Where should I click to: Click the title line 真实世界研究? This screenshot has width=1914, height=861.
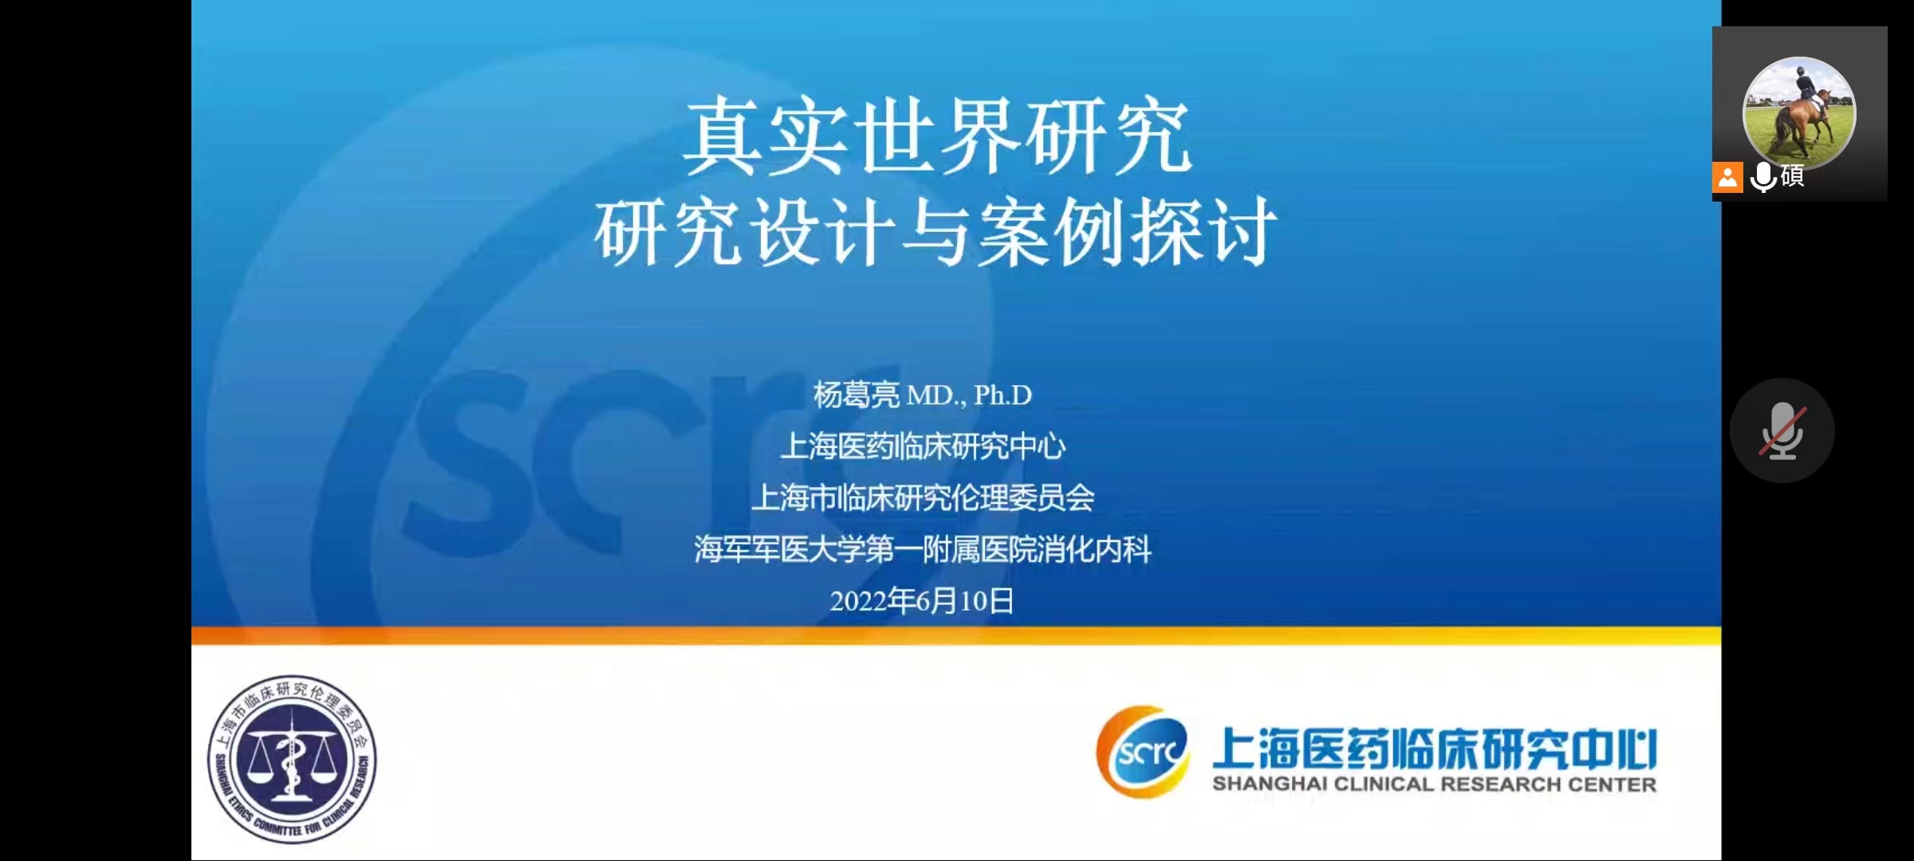[937, 136]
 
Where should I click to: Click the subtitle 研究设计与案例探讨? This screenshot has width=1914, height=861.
[935, 231]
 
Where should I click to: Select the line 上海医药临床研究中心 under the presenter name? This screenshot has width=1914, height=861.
[923, 446]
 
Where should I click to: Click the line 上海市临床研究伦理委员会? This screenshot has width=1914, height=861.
[923, 498]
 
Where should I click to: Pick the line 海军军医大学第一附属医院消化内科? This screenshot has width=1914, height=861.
[923, 549]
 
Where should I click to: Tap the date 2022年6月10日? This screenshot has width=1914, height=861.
[922, 600]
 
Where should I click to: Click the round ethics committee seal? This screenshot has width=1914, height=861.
[292, 759]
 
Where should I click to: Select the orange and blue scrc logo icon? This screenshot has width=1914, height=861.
[1143, 751]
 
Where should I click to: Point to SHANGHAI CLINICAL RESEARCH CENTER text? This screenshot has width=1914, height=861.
[1434, 784]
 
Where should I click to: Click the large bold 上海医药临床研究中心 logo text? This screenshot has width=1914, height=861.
[1434, 749]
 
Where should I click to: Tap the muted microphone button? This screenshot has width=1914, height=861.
[1782, 431]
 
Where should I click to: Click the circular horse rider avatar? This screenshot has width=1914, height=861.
[1799, 113]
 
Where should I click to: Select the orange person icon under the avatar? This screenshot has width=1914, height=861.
[1727, 177]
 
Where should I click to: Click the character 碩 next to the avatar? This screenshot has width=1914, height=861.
[1792, 175]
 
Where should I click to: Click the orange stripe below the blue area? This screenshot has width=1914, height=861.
[956, 635]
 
